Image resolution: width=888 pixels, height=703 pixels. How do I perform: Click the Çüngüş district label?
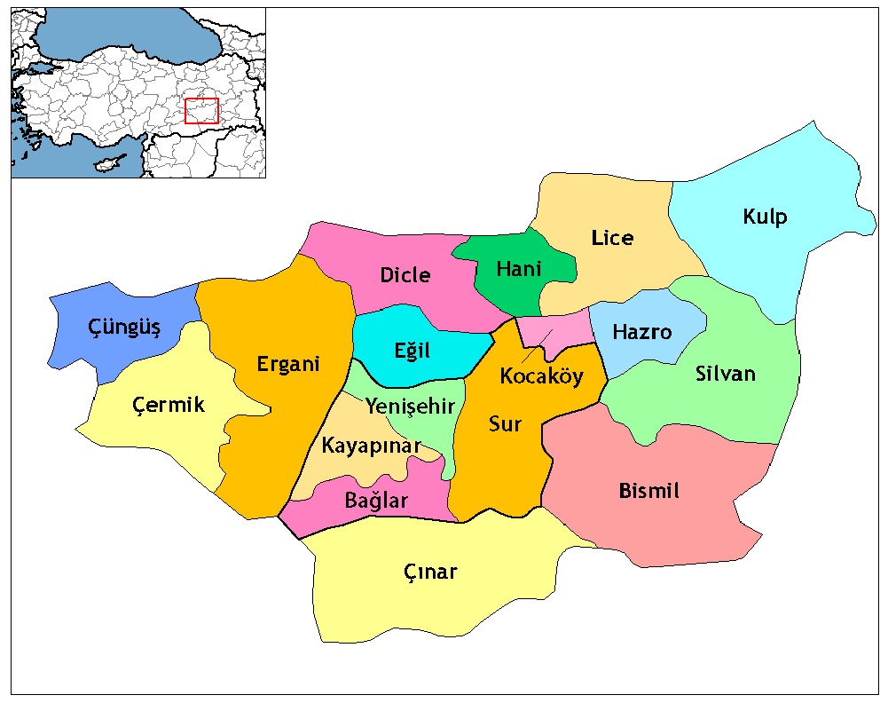[x=124, y=328]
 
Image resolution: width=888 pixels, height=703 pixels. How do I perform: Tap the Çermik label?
[x=169, y=406]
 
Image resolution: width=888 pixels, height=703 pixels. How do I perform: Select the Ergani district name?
[x=287, y=364]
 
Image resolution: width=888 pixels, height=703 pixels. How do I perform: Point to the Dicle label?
[x=405, y=275]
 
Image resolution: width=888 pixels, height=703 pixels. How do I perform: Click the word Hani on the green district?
[x=519, y=269]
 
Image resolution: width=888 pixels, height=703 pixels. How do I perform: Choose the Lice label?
[x=613, y=238]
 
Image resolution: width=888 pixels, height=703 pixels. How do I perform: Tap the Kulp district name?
[x=765, y=217]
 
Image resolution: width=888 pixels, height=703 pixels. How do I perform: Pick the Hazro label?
[x=642, y=332]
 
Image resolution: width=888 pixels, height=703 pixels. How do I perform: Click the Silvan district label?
[x=726, y=374]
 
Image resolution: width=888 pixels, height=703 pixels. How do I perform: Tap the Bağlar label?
[x=376, y=501]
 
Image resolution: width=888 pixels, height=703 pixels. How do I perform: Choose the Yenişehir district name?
[x=410, y=407]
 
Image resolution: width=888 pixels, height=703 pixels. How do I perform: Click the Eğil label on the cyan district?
[x=412, y=351]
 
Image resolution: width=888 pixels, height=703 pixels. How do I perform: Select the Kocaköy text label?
[x=541, y=376]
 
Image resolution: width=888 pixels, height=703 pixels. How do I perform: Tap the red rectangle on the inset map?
[x=201, y=111]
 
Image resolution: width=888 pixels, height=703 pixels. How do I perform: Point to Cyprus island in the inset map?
[x=108, y=166]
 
